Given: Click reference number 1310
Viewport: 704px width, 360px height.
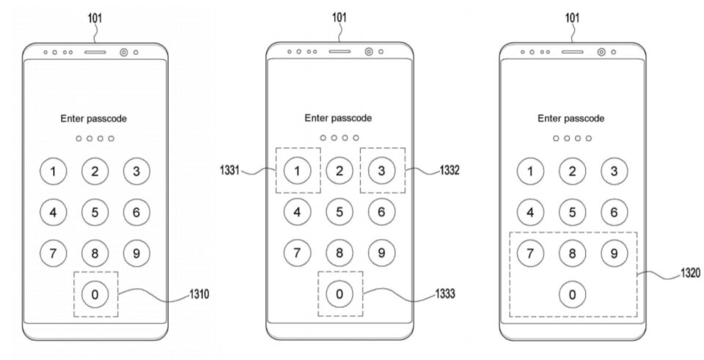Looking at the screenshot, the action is tap(199, 294).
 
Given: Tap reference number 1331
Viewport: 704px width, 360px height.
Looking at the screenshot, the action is tap(230, 171).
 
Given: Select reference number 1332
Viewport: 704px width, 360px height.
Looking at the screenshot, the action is tap(450, 170).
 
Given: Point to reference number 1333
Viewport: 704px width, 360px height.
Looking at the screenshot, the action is tap(445, 293).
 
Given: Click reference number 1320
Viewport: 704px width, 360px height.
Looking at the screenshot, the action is tap(690, 273).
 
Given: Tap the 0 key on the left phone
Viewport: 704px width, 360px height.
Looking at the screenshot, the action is tap(95, 295).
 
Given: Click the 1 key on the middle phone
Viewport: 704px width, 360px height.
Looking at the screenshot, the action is tap(297, 171).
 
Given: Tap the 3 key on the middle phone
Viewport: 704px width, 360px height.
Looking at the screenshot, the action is tap(381, 171).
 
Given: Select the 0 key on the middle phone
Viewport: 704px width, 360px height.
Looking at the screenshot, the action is tap(340, 294).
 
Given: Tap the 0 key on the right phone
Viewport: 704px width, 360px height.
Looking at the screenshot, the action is tap(572, 295).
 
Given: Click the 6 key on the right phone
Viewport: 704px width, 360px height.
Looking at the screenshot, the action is tap(614, 213).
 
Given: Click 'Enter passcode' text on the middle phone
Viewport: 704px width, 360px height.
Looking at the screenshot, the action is tap(338, 118).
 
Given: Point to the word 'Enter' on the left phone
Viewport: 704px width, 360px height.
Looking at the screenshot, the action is tap(72, 119).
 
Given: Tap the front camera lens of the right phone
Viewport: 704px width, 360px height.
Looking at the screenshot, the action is tap(601, 52).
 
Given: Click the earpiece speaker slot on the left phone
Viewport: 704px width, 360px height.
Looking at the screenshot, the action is tap(95, 52).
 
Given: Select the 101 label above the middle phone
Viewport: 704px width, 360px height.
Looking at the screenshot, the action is tap(339, 18).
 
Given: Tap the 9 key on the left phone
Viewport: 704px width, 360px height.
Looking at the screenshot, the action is tap(136, 254).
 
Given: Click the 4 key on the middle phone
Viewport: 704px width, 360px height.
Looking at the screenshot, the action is tap(297, 213).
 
